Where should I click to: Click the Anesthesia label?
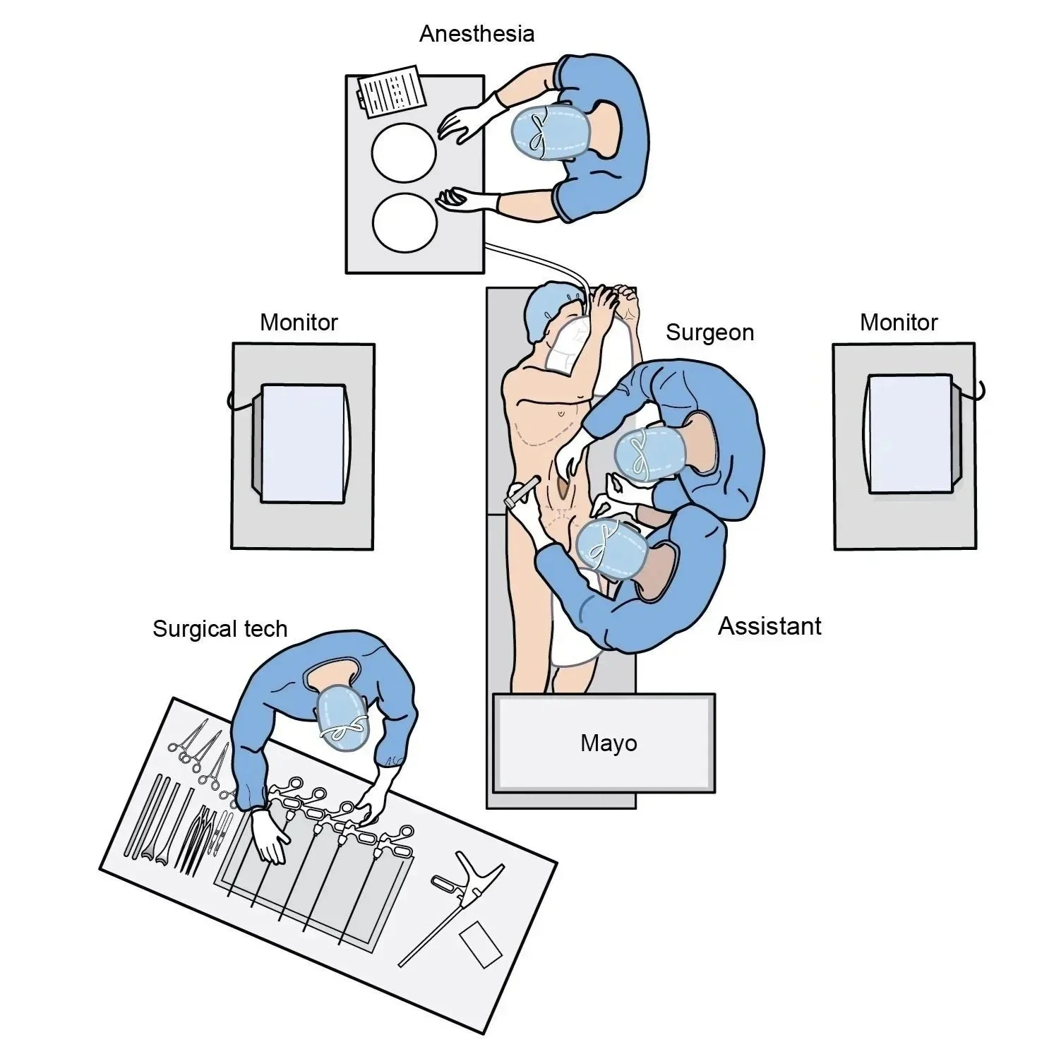pyautogui.click(x=477, y=34)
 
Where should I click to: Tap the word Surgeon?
pyautogui.click(x=709, y=333)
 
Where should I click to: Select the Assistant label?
pyautogui.click(x=769, y=626)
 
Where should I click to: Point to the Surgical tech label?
pyautogui.click(x=220, y=628)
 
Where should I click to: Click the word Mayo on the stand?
pyautogui.click(x=609, y=743)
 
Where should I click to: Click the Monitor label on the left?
pyautogui.click(x=299, y=323)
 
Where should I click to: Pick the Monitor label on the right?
pyautogui.click(x=899, y=323)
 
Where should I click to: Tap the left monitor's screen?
pyautogui.click(x=304, y=443)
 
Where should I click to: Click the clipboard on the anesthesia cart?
pyautogui.click(x=393, y=92)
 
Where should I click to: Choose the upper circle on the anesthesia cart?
pyautogui.click(x=404, y=152)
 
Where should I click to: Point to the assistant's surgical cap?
pyautogui.click(x=611, y=549)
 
